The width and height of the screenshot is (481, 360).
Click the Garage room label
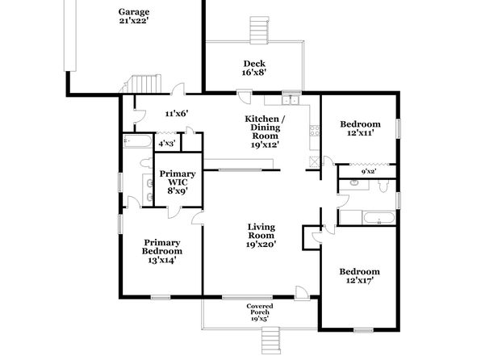(134, 16)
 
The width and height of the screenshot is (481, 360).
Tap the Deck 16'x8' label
(254, 68)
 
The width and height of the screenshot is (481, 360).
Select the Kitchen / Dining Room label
(265, 132)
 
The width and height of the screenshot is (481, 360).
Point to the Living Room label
(261, 236)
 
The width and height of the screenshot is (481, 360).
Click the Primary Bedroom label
(162, 251)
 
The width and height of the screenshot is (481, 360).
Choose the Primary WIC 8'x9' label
(178, 182)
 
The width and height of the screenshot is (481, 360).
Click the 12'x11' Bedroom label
(360, 128)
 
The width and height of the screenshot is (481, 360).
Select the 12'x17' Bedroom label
(359, 275)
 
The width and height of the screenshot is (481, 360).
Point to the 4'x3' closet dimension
(167, 144)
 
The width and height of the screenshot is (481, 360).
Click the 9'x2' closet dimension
(369, 172)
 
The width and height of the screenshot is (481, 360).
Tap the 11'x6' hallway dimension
(177, 114)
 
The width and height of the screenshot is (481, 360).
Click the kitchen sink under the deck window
(291, 100)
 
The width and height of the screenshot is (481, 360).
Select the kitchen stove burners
(315, 131)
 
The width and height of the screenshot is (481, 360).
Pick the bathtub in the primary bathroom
(137, 141)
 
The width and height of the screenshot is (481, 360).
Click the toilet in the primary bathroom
(147, 163)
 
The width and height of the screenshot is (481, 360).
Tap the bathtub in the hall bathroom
(379, 218)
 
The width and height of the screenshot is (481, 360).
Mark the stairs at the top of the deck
(260, 31)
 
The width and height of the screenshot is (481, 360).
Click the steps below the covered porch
(271, 341)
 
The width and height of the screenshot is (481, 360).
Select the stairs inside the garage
(143, 83)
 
